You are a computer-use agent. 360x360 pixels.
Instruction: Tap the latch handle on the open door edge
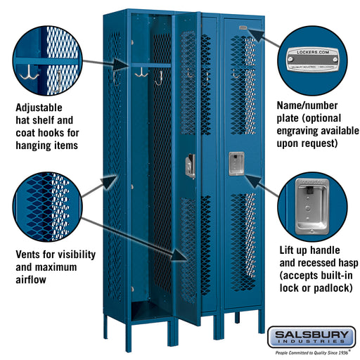click(x=190, y=165)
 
